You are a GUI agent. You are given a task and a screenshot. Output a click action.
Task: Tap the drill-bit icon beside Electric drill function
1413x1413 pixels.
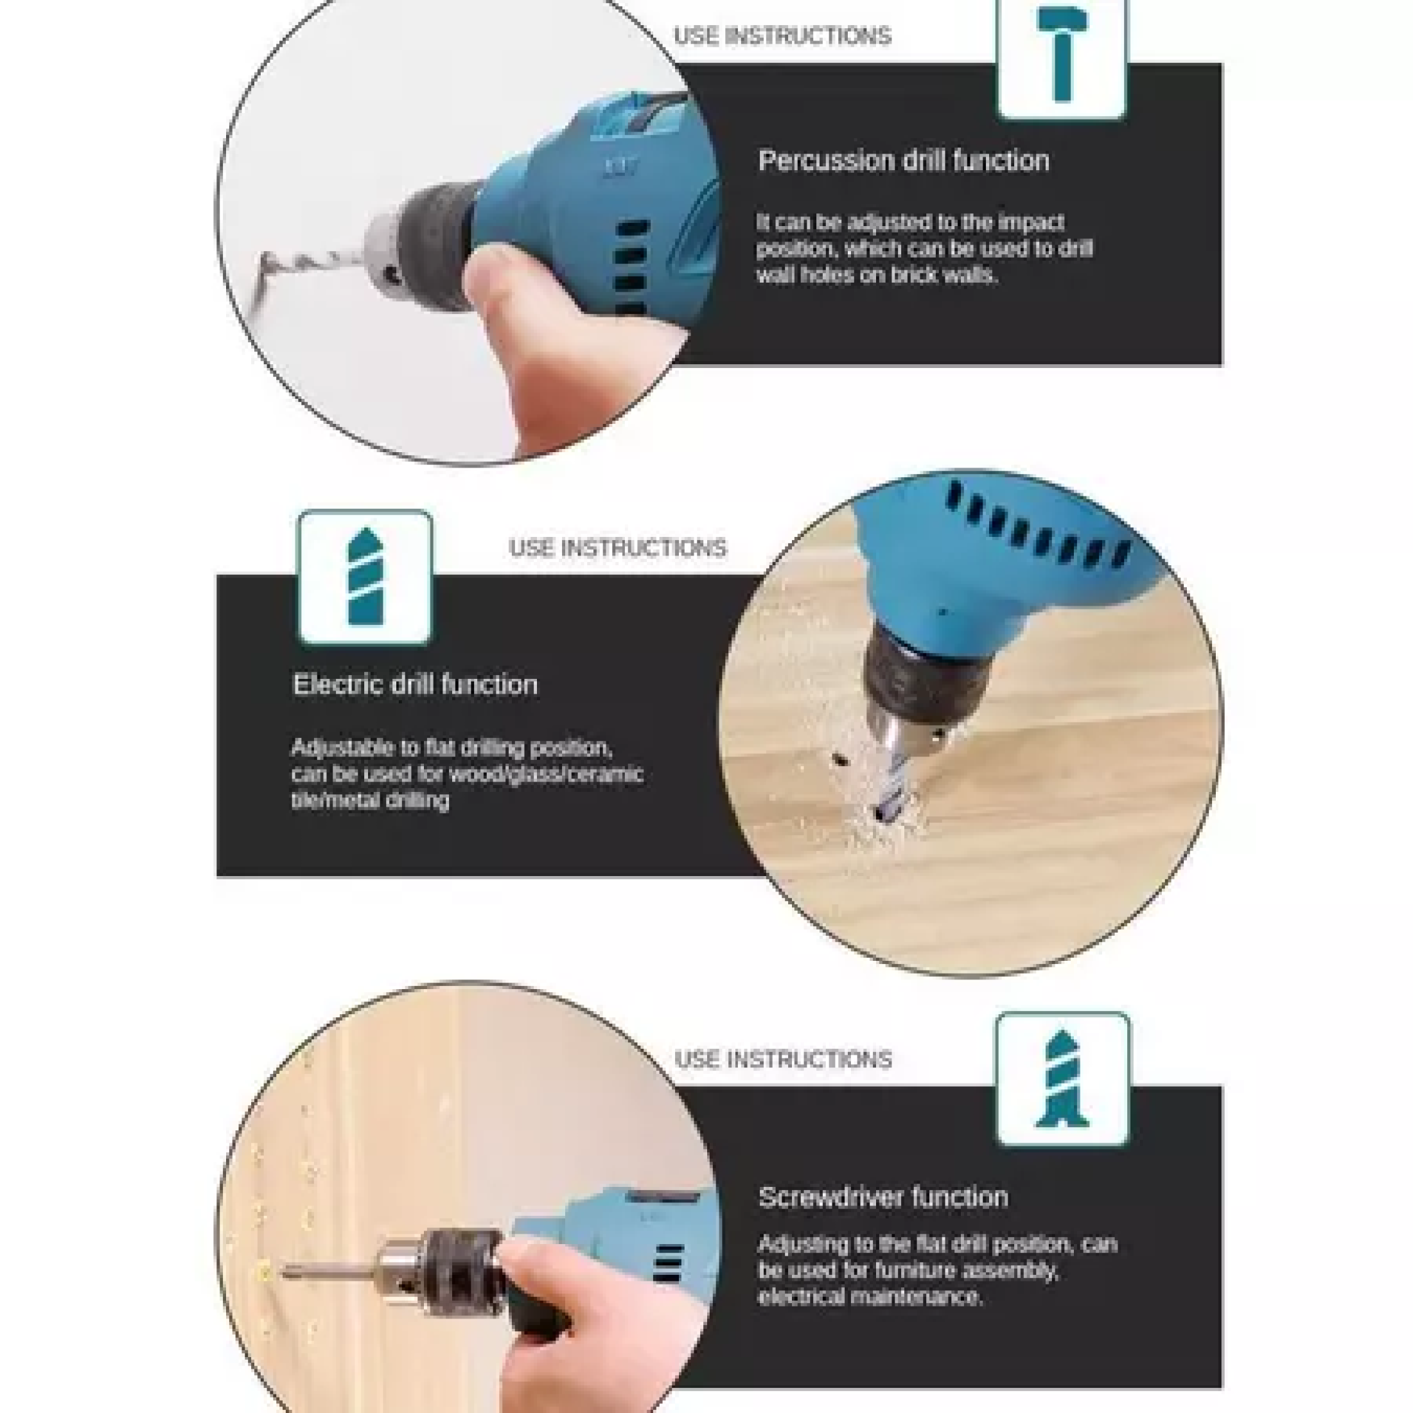click(x=365, y=578)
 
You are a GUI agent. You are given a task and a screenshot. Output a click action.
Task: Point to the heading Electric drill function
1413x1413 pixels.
click(x=415, y=685)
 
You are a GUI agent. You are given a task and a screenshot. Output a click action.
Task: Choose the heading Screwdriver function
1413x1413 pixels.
click(x=882, y=1197)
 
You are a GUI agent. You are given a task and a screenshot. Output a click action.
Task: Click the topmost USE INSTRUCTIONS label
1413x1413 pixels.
click(x=782, y=36)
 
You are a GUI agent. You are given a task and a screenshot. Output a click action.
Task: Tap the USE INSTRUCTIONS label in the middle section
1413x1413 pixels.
click(x=617, y=548)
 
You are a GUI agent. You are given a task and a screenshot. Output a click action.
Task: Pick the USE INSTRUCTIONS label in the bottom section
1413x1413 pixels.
click(x=782, y=1059)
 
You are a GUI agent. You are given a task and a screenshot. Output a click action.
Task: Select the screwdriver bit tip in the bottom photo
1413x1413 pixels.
click(x=292, y=1272)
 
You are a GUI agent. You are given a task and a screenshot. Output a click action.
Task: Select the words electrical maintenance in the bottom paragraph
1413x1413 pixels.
click(x=869, y=1297)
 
